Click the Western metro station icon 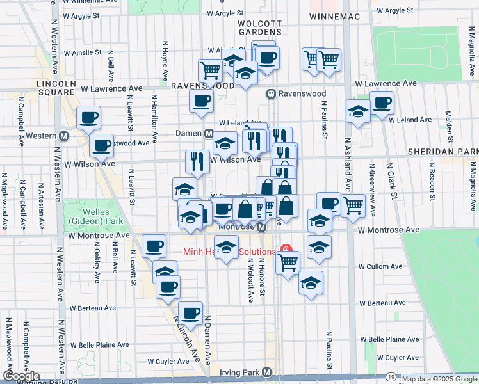[x=63, y=136]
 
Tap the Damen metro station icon [x=208, y=134]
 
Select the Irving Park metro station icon [x=267, y=372]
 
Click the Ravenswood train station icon [x=272, y=94]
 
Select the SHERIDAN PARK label [x=442, y=151]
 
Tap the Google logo [x=20, y=376]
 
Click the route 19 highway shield [x=391, y=378]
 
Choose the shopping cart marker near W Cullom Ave [x=288, y=261]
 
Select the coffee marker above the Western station [x=89, y=118]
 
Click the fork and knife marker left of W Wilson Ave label [x=196, y=161]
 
